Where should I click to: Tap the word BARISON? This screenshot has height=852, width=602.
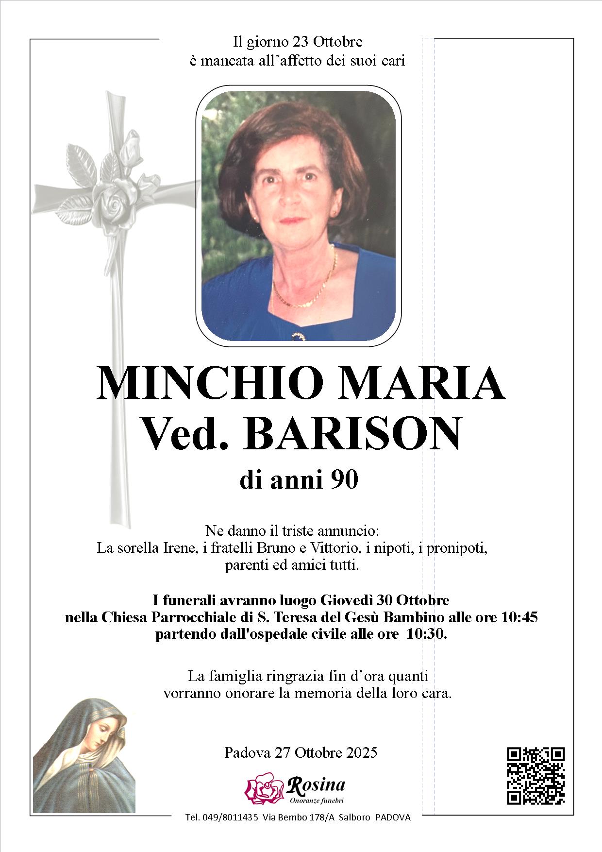353,433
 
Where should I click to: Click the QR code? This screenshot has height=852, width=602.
536,775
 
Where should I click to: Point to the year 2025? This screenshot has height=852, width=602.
362,752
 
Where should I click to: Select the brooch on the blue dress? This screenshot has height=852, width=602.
297,336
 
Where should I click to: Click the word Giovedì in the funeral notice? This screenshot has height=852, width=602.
346,600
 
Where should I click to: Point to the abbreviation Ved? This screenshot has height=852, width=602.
184,433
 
